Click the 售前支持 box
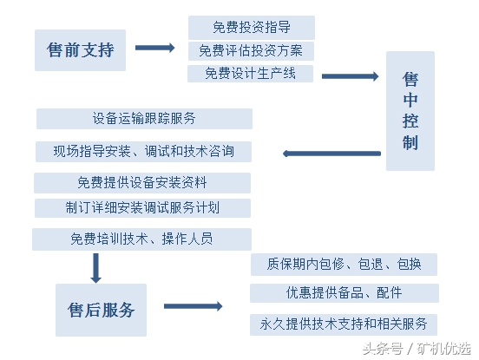[x=80, y=50]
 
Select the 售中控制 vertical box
[x=410, y=110]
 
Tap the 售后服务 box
[x=102, y=310]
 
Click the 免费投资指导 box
[x=251, y=28]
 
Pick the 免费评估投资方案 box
[x=251, y=51]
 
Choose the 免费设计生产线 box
[x=251, y=74]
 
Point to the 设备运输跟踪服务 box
[x=144, y=119]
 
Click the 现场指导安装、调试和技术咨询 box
[x=144, y=151]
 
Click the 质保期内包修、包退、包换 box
[x=343, y=265]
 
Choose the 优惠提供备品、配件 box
[x=344, y=293]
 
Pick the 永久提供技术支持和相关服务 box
[x=344, y=324]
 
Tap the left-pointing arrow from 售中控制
[x=333, y=154]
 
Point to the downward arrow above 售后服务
[x=96, y=268]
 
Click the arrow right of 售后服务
[x=193, y=306]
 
